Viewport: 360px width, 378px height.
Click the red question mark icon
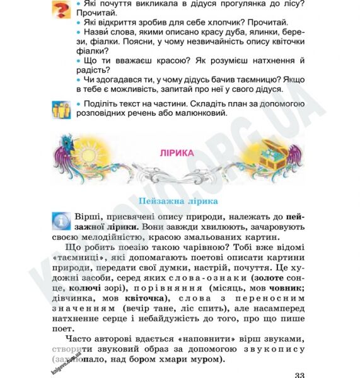click(61, 10)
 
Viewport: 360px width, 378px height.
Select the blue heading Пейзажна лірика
click(177, 200)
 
